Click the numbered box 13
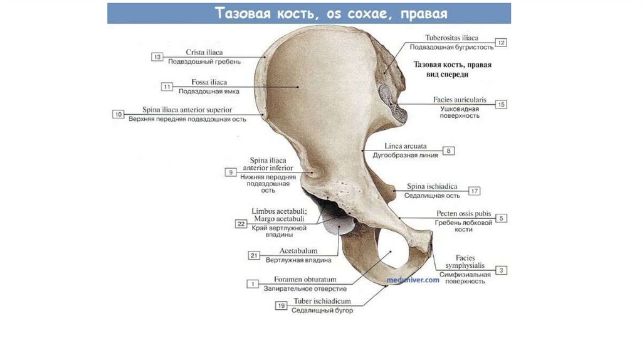[157, 57]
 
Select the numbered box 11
[166, 87]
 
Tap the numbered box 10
[118, 114]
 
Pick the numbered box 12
[501, 43]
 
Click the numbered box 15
[501, 105]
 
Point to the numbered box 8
[450, 151]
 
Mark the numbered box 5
[502, 218]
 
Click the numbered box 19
[281, 305]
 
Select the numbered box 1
[253, 284]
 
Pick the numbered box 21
[254, 255]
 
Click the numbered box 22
[241, 223]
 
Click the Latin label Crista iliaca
[204, 52]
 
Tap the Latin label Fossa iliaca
[209, 82]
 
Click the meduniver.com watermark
[413, 280]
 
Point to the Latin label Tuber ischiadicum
[322, 301]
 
